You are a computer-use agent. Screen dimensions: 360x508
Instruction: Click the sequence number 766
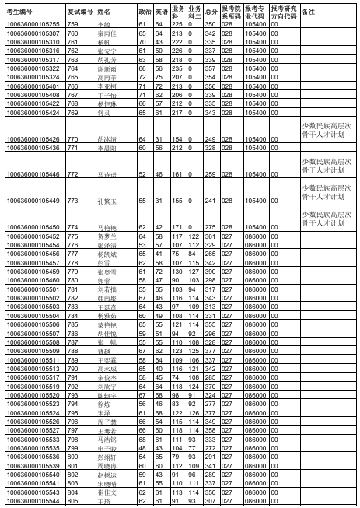click(x=74, y=86)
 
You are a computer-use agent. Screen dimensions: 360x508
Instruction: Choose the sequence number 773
click(x=74, y=201)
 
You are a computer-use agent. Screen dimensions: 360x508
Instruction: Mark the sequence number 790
click(x=74, y=369)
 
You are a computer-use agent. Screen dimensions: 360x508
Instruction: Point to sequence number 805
click(x=74, y=501)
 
